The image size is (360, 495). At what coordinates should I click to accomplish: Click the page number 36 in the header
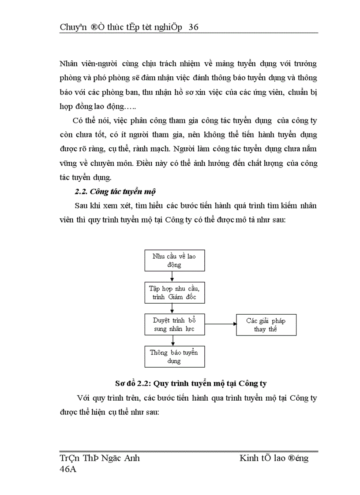193,27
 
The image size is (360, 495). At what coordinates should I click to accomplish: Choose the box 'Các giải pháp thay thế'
266,325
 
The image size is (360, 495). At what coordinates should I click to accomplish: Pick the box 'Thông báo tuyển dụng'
174,357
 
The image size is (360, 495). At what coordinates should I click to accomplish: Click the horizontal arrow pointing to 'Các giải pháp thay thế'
221,324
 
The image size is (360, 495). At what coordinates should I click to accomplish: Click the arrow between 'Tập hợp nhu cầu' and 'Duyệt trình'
172,309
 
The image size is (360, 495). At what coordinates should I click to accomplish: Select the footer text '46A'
68,469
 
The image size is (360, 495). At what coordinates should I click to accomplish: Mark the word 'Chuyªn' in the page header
71,27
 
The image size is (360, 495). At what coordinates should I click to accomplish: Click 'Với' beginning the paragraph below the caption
83,398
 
